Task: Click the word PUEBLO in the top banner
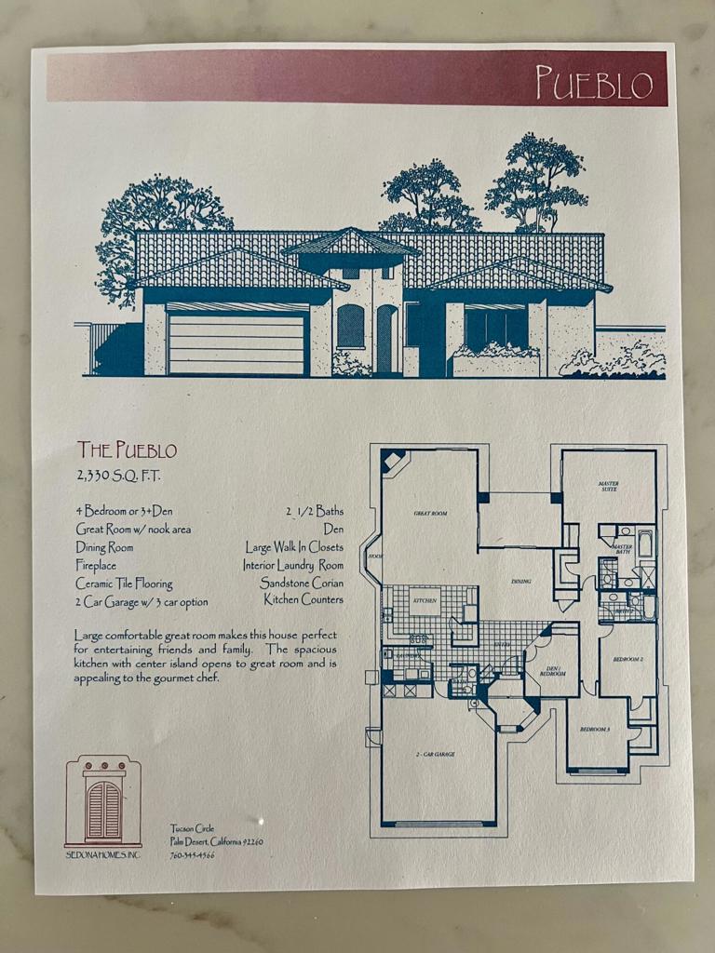pos(594,83)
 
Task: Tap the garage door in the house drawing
pos(236,342)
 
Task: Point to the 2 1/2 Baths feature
pos(315,511)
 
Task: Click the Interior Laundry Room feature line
pos(293,565)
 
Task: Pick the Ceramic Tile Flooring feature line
pos(124,584)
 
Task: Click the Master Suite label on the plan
pos(609,486)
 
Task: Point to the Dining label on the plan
pos(521,582)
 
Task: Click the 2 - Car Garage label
pos(436,753)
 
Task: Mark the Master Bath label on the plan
pos(622,549)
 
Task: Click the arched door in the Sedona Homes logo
pos(103,810)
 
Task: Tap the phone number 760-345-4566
pos(192,855)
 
